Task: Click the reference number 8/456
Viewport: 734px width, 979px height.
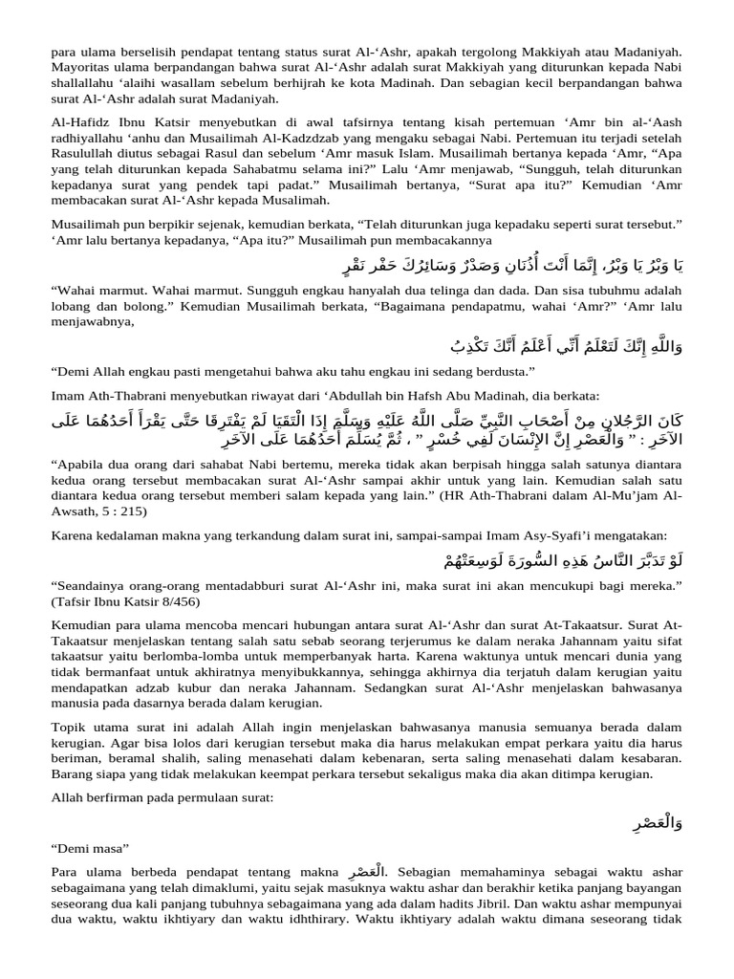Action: tap(171, 601)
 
